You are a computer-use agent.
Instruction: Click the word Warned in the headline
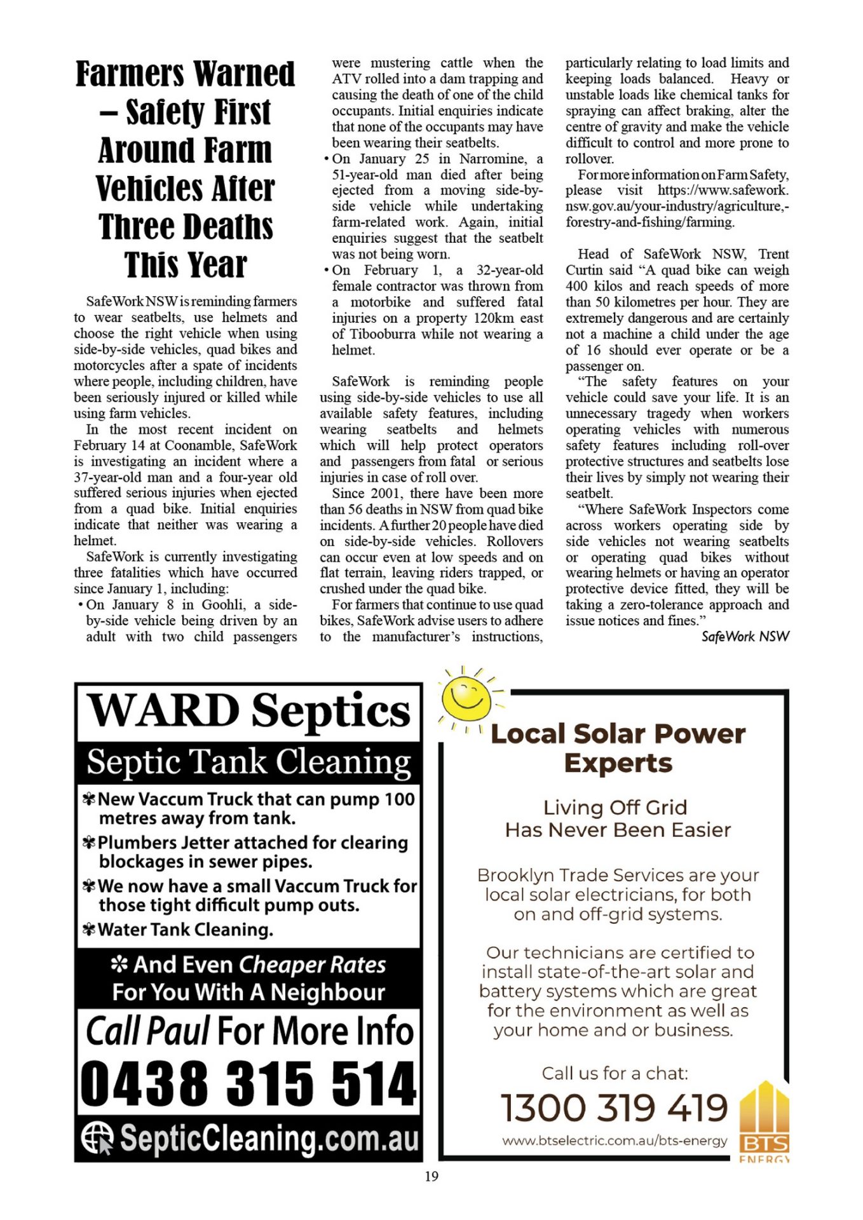[x=244, y=74]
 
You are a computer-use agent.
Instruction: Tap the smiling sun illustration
[x=467, y=697]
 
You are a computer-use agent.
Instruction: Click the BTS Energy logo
[x=764, y=1122]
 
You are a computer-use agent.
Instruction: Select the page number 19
[x=431, y=1176]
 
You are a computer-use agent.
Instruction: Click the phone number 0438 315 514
[x=248, y=1083]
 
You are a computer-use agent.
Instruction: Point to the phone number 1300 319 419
[x=614, y=1108]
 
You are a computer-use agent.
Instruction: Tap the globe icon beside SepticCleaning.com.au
[x=97, y=1137]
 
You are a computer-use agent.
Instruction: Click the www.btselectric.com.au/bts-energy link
[x=614, y=1141]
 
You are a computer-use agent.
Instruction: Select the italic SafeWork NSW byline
[x=745, y=637]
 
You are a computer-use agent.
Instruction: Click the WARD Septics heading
[x=248, y=710]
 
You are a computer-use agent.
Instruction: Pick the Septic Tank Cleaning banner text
[x=248, y=761]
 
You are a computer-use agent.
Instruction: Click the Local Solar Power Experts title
[x=618, y=748]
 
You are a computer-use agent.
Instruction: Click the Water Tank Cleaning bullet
[x=185, y=930]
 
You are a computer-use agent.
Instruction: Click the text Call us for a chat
[x=615, y=1073]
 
